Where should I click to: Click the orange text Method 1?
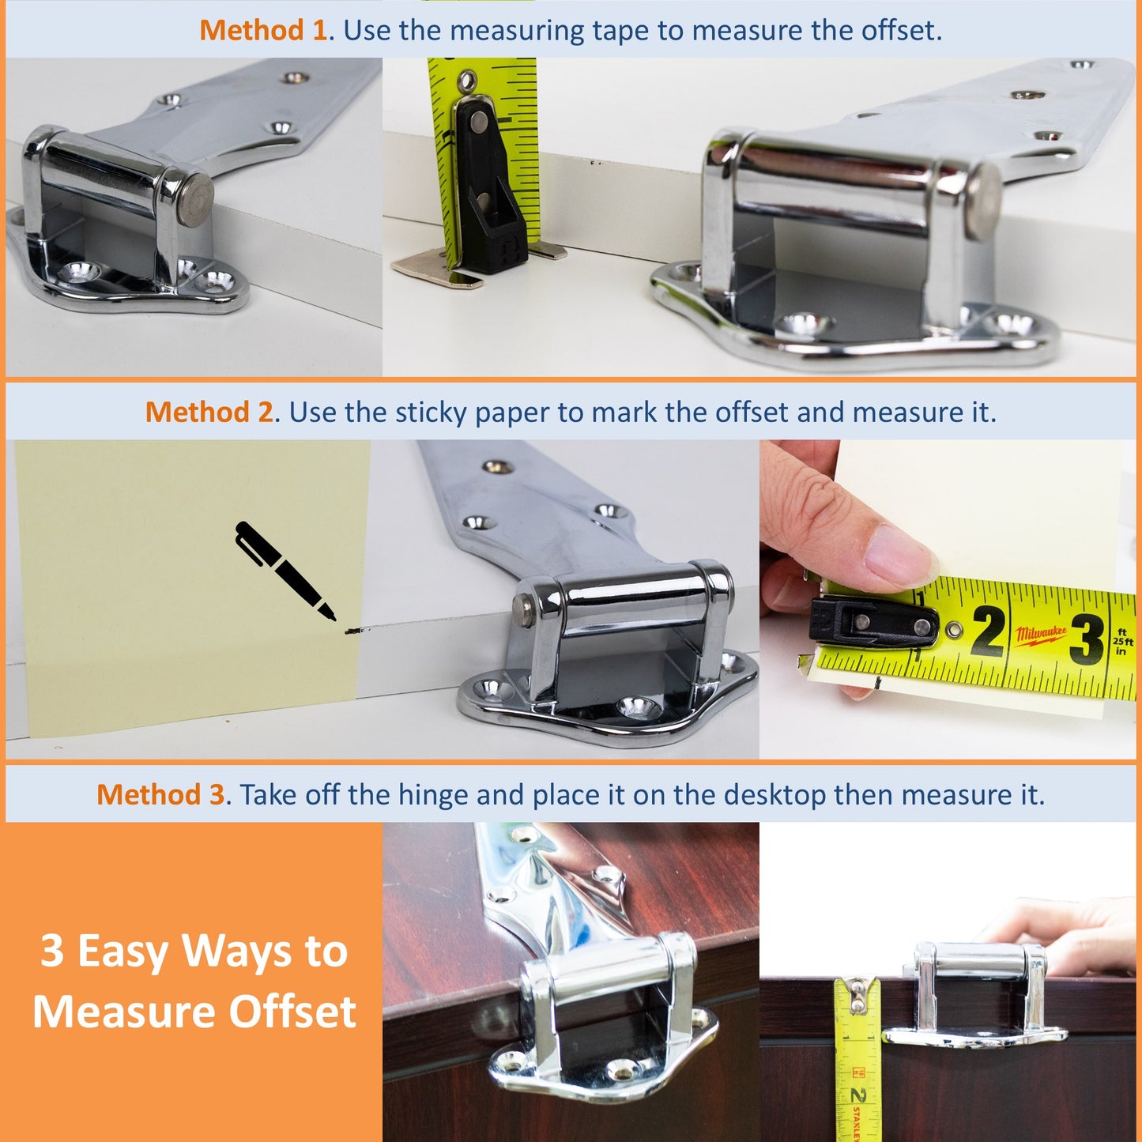click(x=262, y=31)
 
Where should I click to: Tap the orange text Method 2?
click(x=209, y=413)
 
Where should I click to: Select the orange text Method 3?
click(x=160, y=795)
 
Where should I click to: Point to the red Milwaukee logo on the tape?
click(x=1041, y=635)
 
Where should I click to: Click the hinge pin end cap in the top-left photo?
click(x=194, y=200)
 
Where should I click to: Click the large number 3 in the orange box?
click(x=52, y=951)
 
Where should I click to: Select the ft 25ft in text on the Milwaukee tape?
click(x=1121, y=642)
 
